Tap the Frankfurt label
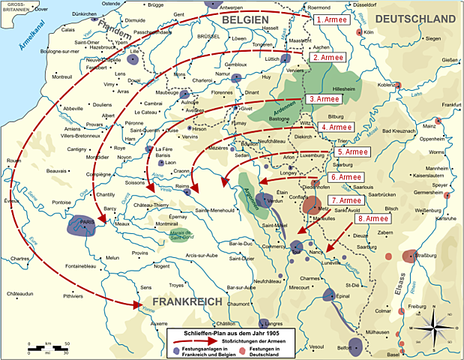(451, 105)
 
